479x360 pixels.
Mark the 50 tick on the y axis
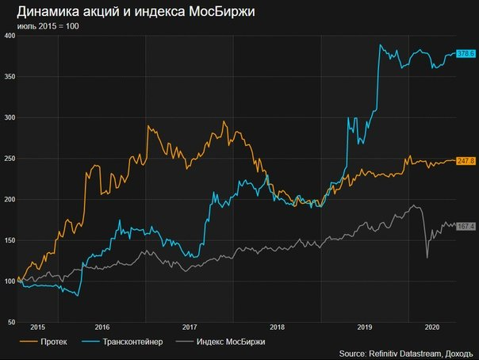tap(11, 322)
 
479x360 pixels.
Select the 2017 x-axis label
tap(189, 327)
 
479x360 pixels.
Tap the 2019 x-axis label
tap(366, 327)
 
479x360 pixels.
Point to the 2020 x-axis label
tap(433, 327)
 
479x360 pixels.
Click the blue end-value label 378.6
tap(466, 54)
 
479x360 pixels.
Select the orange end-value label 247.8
tap(466, 161)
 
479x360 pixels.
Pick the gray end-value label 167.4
tap(466, 226)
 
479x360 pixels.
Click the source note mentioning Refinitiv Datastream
tap(406, 354)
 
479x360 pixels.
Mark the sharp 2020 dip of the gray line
tap(427, 256)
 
